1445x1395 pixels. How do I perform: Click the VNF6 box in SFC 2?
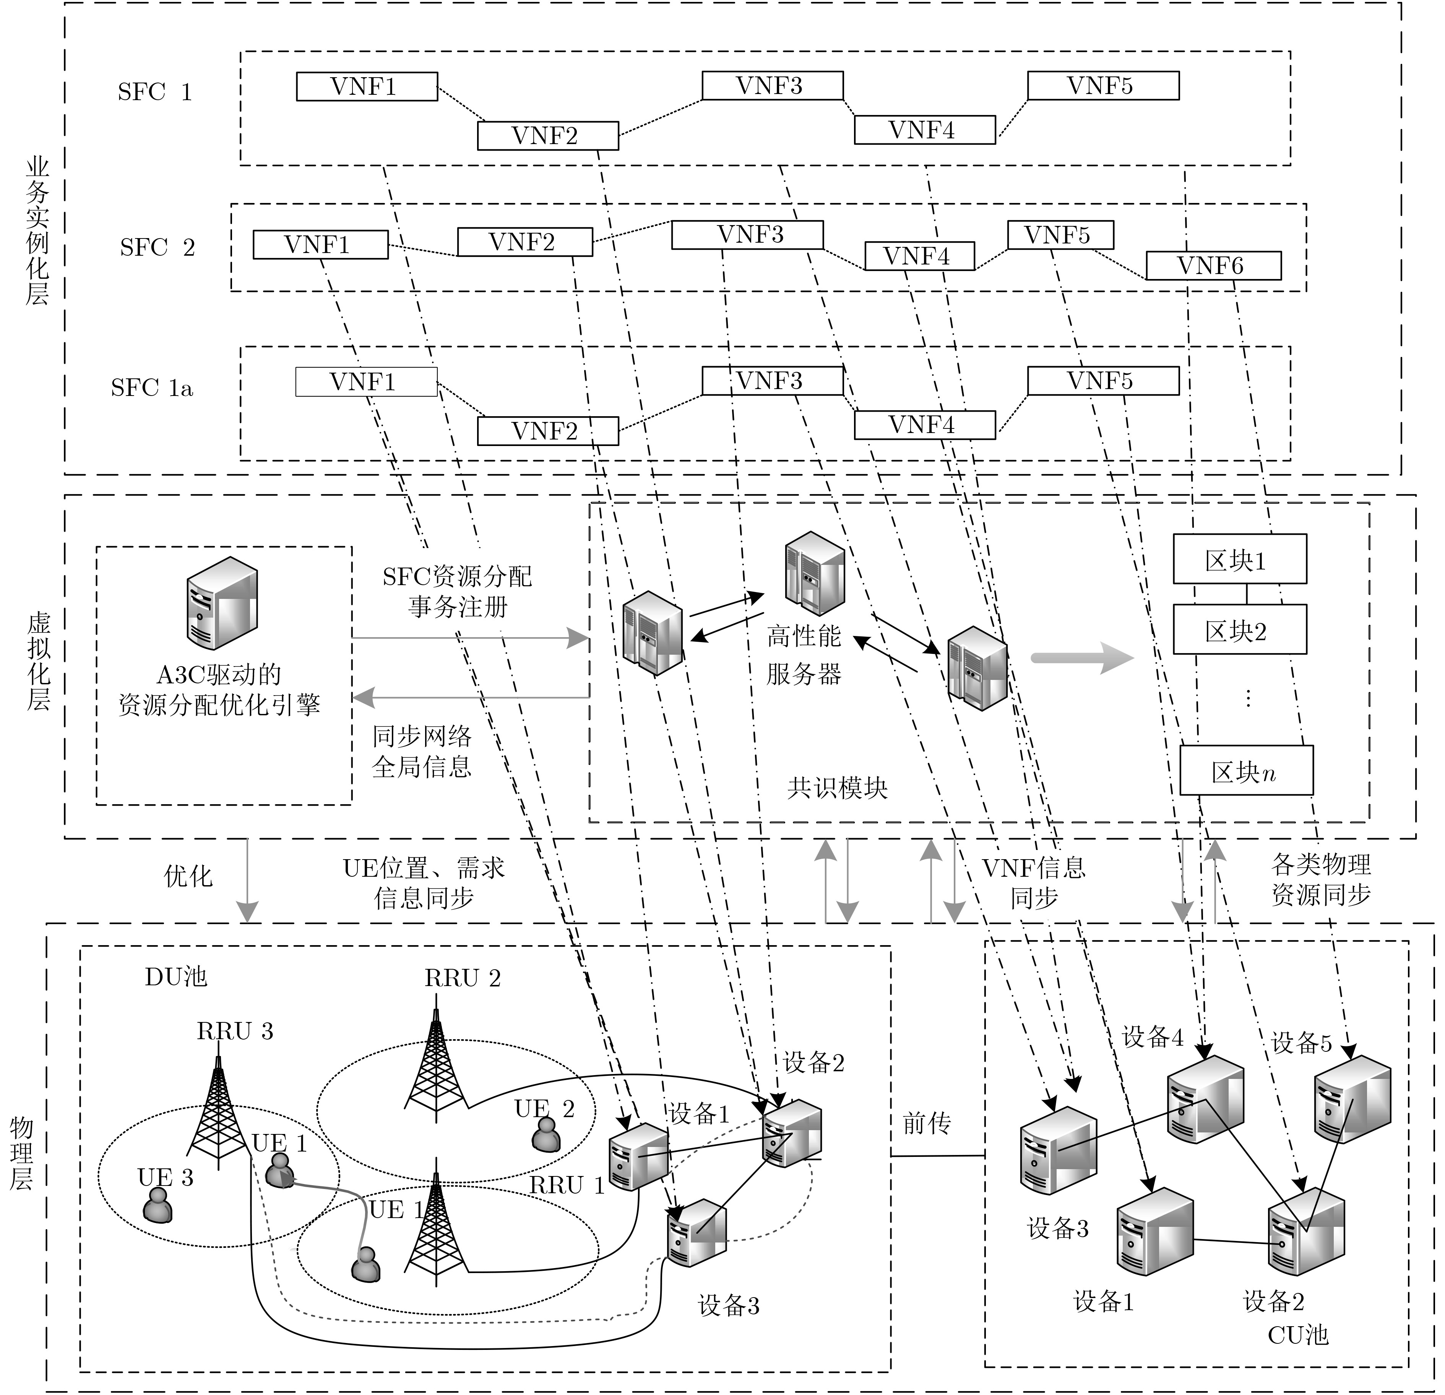point(1213,265)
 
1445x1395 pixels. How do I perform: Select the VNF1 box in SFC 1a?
point(366,382)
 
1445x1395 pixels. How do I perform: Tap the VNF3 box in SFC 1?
point(772,86)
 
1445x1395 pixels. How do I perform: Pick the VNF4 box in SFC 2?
point(919,256)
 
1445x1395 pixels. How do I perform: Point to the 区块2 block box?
point(1239,630)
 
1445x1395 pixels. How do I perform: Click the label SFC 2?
point(157,248)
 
